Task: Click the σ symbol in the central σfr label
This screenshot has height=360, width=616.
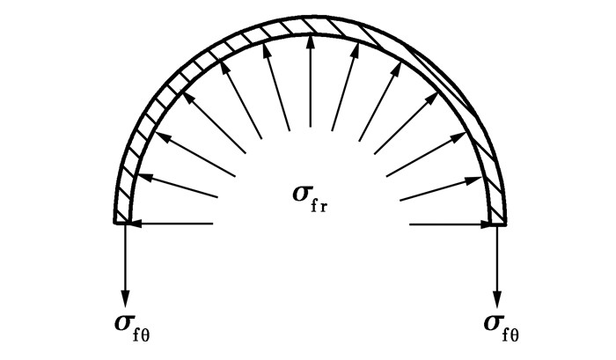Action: coord(301,194)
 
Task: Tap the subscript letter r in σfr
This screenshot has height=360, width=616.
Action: coord(323,208)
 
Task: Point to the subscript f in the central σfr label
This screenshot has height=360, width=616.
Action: coord(314,206)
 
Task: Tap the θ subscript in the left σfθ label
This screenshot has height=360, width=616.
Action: coord(145,336)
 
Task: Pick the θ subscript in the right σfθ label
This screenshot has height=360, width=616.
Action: coord(514,336)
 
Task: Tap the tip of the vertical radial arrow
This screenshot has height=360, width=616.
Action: coord(311,36)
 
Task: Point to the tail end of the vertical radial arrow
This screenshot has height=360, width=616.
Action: coord(311,127)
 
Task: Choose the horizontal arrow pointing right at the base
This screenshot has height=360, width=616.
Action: coord(451,224)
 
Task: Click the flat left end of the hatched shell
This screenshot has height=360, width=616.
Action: coord(121,223)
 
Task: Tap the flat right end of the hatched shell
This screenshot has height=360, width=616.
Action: coord(497,224)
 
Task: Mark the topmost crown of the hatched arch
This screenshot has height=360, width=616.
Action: coord(311,18)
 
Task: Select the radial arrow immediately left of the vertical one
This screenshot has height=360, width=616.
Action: coord(276,86)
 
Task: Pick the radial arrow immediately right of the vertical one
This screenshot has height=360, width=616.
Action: coord(345,86)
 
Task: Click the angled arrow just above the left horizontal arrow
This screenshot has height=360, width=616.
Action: coord(178,185)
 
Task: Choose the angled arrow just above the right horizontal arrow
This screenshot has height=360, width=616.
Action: coord(441,189)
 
